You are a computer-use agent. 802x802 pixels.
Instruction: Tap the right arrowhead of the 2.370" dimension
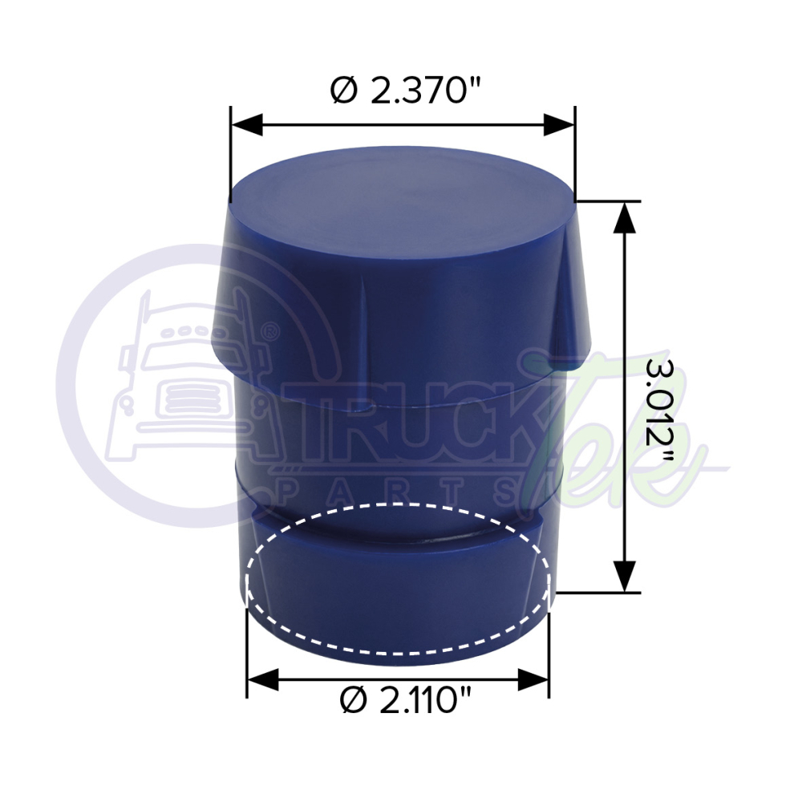coord(559,124)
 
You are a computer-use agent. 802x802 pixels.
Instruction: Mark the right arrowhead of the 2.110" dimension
coord(533,680)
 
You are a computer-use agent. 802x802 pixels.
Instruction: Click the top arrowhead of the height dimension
coord(625,217)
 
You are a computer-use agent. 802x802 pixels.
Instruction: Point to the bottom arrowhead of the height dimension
coord(625,577)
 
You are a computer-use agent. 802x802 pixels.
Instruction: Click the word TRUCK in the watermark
coord(401,437)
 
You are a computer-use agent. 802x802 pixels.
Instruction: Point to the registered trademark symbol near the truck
coord(271,330)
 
